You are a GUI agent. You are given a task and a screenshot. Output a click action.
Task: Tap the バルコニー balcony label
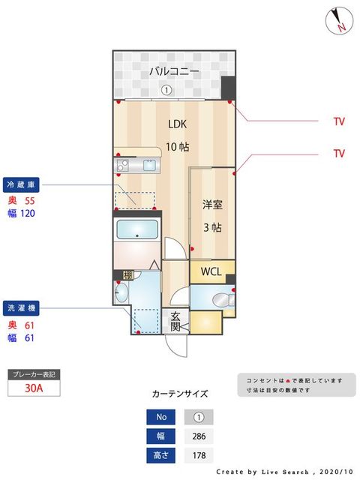coord(173,72)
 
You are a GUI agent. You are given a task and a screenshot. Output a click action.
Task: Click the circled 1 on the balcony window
coord(166,90)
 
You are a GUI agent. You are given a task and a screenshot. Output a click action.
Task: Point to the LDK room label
coord(178,124)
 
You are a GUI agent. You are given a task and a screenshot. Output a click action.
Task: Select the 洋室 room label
coord(212,204)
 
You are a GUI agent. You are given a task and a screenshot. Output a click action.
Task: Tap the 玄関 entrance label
coord(175,321)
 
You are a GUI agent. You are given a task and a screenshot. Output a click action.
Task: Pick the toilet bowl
coord(220,301)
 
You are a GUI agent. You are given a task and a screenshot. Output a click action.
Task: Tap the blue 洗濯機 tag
coord(22,307)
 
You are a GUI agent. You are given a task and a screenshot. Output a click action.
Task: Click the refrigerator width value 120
coord(28,213)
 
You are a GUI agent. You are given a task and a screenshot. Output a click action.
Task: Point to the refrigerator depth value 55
coord(30,201)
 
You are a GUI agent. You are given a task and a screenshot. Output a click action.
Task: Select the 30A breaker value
coord(33,388)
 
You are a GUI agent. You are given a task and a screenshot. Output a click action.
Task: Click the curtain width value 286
coord(199,436)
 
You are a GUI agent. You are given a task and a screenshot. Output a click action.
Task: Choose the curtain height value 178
coord(199,455)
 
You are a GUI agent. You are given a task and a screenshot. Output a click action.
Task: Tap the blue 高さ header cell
coord(161,455)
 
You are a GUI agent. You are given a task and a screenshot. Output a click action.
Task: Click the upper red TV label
coord(339,120)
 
